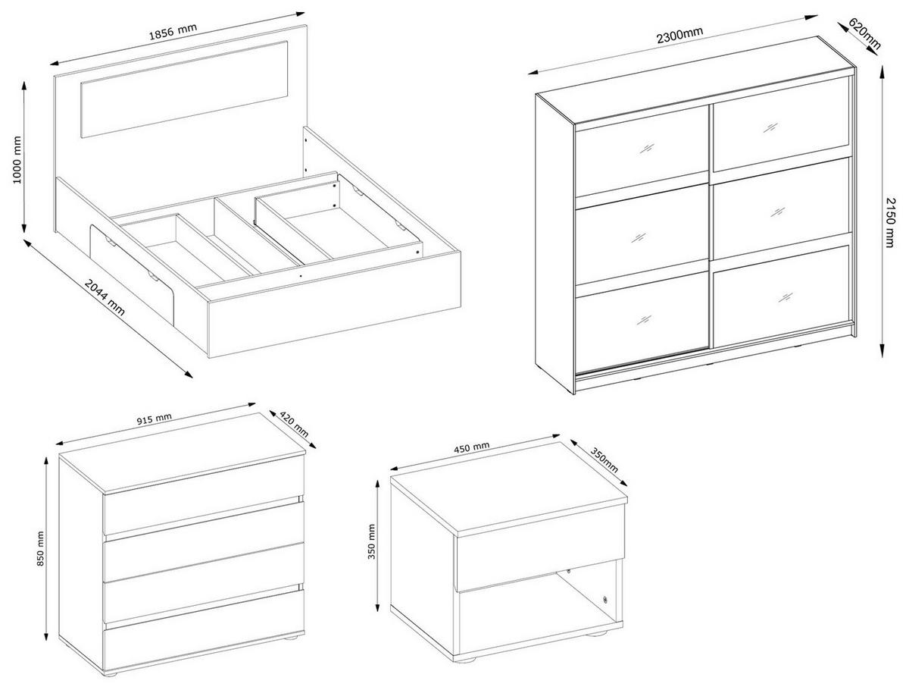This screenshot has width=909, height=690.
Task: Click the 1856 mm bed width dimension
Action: tap(173, 31)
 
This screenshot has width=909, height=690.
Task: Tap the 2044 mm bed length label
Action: tap(105, 297)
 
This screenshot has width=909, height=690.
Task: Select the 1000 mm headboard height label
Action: tap(17, 159)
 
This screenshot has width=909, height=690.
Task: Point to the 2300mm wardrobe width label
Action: tap(679, 35)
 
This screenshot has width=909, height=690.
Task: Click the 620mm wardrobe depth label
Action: tap(864, 33)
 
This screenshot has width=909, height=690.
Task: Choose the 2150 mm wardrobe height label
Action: tap(889, 222)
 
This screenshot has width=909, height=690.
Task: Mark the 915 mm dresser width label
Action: tap(154, 419)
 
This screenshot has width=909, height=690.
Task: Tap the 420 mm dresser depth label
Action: tap(294, 424)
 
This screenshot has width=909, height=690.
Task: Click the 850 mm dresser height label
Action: tap(40, 548)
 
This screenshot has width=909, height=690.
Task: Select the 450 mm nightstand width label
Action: tap(472, 448)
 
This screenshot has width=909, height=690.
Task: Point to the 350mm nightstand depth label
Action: tap(604, 460)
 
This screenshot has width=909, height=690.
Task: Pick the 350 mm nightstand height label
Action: tap(371, 541)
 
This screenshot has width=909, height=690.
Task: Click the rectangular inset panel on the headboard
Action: tap(184, 89)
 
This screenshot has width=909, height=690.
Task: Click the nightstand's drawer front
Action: tap(540, 554)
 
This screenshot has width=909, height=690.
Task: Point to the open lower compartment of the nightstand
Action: tap(539, 611)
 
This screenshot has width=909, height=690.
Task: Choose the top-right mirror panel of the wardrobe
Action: tap(782, 124)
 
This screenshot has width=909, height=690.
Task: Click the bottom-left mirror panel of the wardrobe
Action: tap(641, 321)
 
